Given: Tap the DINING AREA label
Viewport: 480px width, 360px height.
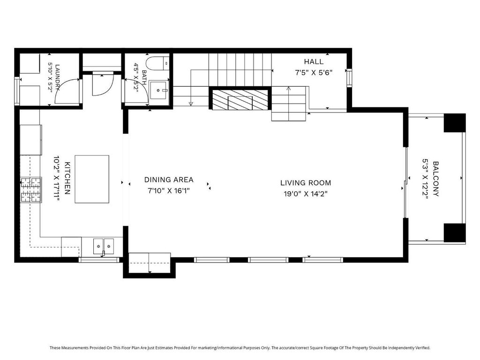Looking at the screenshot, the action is (x=169, y=180).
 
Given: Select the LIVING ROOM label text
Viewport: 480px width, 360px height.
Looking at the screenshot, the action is (x=306, y=183).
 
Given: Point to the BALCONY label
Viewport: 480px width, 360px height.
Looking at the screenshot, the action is (x=435, y=179).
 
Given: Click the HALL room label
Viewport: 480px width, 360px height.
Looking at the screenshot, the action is (x=314, y=61).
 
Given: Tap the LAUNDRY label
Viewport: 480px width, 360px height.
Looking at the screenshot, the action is (x=58, y=78).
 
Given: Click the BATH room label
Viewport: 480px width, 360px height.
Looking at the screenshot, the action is (x=144, y=78).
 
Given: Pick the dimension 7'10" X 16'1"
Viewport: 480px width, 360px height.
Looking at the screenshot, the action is (x=169, y=191).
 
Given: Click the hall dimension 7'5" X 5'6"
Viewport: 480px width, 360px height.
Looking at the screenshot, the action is (x=314, y=73).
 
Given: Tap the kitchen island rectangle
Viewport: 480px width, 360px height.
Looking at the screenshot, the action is (x=92, y=179).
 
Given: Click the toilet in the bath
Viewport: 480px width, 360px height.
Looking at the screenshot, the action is (x=157, y=64).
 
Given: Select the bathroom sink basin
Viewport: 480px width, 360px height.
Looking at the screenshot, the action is (x=158, y=90).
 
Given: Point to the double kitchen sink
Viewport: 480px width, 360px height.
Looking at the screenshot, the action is (x=104, y=246).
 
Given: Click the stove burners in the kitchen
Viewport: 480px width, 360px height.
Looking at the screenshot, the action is (x=31, y=190).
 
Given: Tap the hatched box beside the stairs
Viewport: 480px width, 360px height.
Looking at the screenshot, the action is (x=240, y=99).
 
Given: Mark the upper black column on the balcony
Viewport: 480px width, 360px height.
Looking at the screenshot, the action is (x=455, y=123).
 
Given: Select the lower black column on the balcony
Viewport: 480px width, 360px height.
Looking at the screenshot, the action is (x=455, y=232).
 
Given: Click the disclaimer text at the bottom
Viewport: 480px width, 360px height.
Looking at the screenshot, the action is (x=240, y=348).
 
